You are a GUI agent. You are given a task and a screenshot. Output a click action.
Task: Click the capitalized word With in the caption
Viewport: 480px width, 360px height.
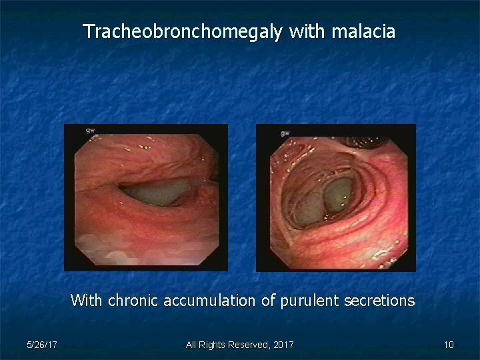coord(86,300)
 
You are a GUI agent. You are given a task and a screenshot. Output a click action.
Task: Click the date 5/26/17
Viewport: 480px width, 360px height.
coord(42,345)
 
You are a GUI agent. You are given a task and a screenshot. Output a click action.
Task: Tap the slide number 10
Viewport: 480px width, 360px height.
coord(449,345)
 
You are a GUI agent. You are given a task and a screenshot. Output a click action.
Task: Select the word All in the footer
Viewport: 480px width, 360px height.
coord(191,345)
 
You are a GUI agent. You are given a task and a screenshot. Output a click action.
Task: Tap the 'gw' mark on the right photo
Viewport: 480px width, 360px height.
coord(285,133)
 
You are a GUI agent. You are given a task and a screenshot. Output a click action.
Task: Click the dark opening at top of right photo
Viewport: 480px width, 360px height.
coord(373,141)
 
